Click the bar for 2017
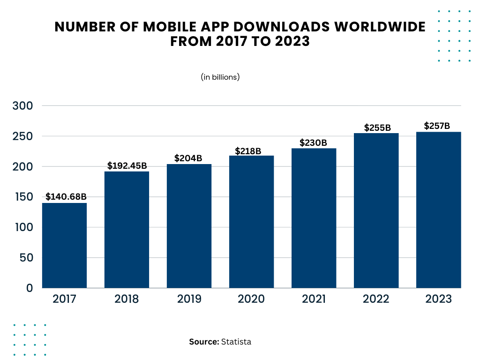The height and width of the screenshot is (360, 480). (x=64, y=245)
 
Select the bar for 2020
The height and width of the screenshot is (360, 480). (x=251, y=222)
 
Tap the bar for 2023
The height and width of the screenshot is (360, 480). (x=438, y=210)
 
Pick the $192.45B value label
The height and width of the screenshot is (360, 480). (x=127, y=165)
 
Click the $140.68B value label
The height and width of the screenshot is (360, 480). (x=66, y=197)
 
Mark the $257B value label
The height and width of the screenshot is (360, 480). (x=437, y=126)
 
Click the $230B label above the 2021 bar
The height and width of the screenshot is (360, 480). (x=314, y=142)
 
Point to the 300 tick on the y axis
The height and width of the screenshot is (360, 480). (x=23, y=106)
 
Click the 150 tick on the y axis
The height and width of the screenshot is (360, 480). (x=23, y=197)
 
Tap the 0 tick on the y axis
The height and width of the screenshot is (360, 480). (x=30, y=288)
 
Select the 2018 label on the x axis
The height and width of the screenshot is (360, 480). (x=127, y=299)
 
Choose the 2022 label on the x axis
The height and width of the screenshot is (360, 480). (x=376, y=299)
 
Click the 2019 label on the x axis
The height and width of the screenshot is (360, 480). (x=189, y=299)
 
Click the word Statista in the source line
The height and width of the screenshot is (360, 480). (x=236, y=342)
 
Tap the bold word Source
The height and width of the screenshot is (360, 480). (x=204, y=342)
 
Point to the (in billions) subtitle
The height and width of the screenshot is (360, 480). (x=220, y=77)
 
